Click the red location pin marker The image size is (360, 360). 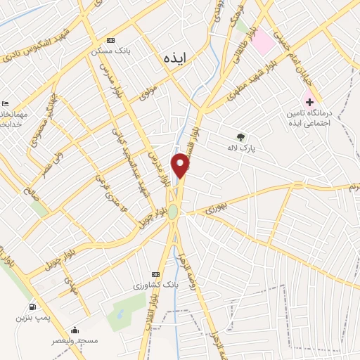pyautogui.click(x=181, y=165)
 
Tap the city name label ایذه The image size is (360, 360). pyautogui.click(x=172, y=56)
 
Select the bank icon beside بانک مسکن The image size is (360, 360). pyautogui.click(x=109, y=41)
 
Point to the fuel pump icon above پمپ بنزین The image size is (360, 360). pyautogui.click(x=32, y=307)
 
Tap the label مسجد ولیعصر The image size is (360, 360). pyautogui.click(x=75, y=340)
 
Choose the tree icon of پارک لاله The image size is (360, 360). pyautogui.click(x=241, y=138)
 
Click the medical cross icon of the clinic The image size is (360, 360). pyautogui.click(x=309, y=102)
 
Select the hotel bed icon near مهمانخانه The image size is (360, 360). pyautogui.click(x=6, y=103)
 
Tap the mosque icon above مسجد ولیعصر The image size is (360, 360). pyautogui.click(x=75, y=330)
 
